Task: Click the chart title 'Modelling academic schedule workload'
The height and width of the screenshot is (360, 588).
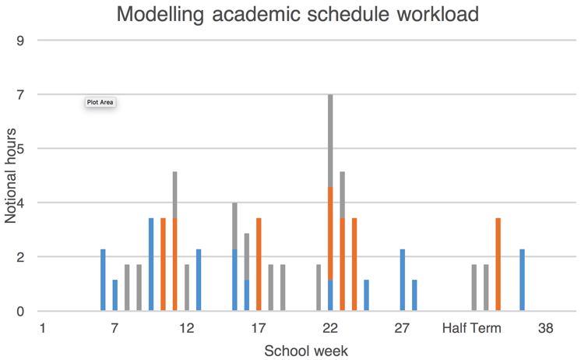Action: click(x=297, y=14)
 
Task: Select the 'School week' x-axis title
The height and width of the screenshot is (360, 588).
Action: click(x=306, y=351)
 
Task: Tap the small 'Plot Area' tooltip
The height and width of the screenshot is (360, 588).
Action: click(x=100, y=102)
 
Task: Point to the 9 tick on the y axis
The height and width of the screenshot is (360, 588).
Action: click(x=20, y=41)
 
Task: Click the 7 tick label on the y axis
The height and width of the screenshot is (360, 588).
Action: click(x=20, y=94)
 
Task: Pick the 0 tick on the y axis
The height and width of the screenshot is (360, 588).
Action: click(x=20, y=312)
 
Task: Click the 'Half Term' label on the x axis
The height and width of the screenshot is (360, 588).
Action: click(x=472, y=328)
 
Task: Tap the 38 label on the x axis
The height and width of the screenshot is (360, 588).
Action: click(x=545, y=328)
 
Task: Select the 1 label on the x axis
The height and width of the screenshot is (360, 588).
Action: click(x=43, y=328)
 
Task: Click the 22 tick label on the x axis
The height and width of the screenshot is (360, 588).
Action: click(x=330, y=328)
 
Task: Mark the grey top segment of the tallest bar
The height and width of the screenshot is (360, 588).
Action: click(x=330, y=140)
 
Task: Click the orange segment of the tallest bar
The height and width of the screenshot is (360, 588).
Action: click(x=330, y=234)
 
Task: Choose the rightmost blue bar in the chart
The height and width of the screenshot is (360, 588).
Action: click(x=522, y=281)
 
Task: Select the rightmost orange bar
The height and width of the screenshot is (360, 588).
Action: click(x=498, y=265)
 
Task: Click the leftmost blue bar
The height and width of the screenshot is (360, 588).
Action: click(x=103, y=281)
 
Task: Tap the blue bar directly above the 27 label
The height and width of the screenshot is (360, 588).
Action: click(x=402, y=281)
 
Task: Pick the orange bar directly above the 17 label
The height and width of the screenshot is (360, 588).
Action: click(x=259, y=265)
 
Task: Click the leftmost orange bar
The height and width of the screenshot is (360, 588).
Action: click(x=163, y=265)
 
